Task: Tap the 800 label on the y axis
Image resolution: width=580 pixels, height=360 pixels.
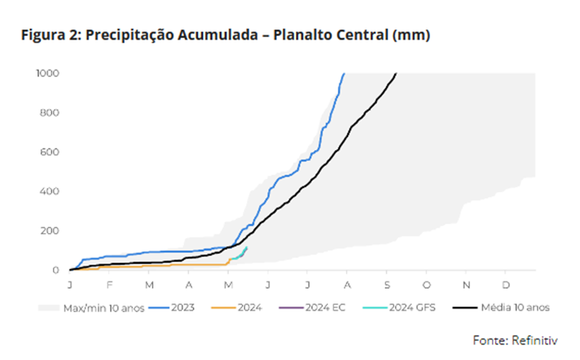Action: click(x=50, y=113)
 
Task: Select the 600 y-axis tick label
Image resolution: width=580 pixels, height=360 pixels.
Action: click(x=50, y=152)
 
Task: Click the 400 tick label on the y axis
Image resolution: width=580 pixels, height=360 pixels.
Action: click(x=50, y=192)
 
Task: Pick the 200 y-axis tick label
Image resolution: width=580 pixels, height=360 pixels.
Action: click(x=50, y=231)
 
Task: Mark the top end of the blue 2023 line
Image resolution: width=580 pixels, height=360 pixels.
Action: click(x=344, y=74)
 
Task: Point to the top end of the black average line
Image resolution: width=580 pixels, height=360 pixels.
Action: click(x=396, y=74)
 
